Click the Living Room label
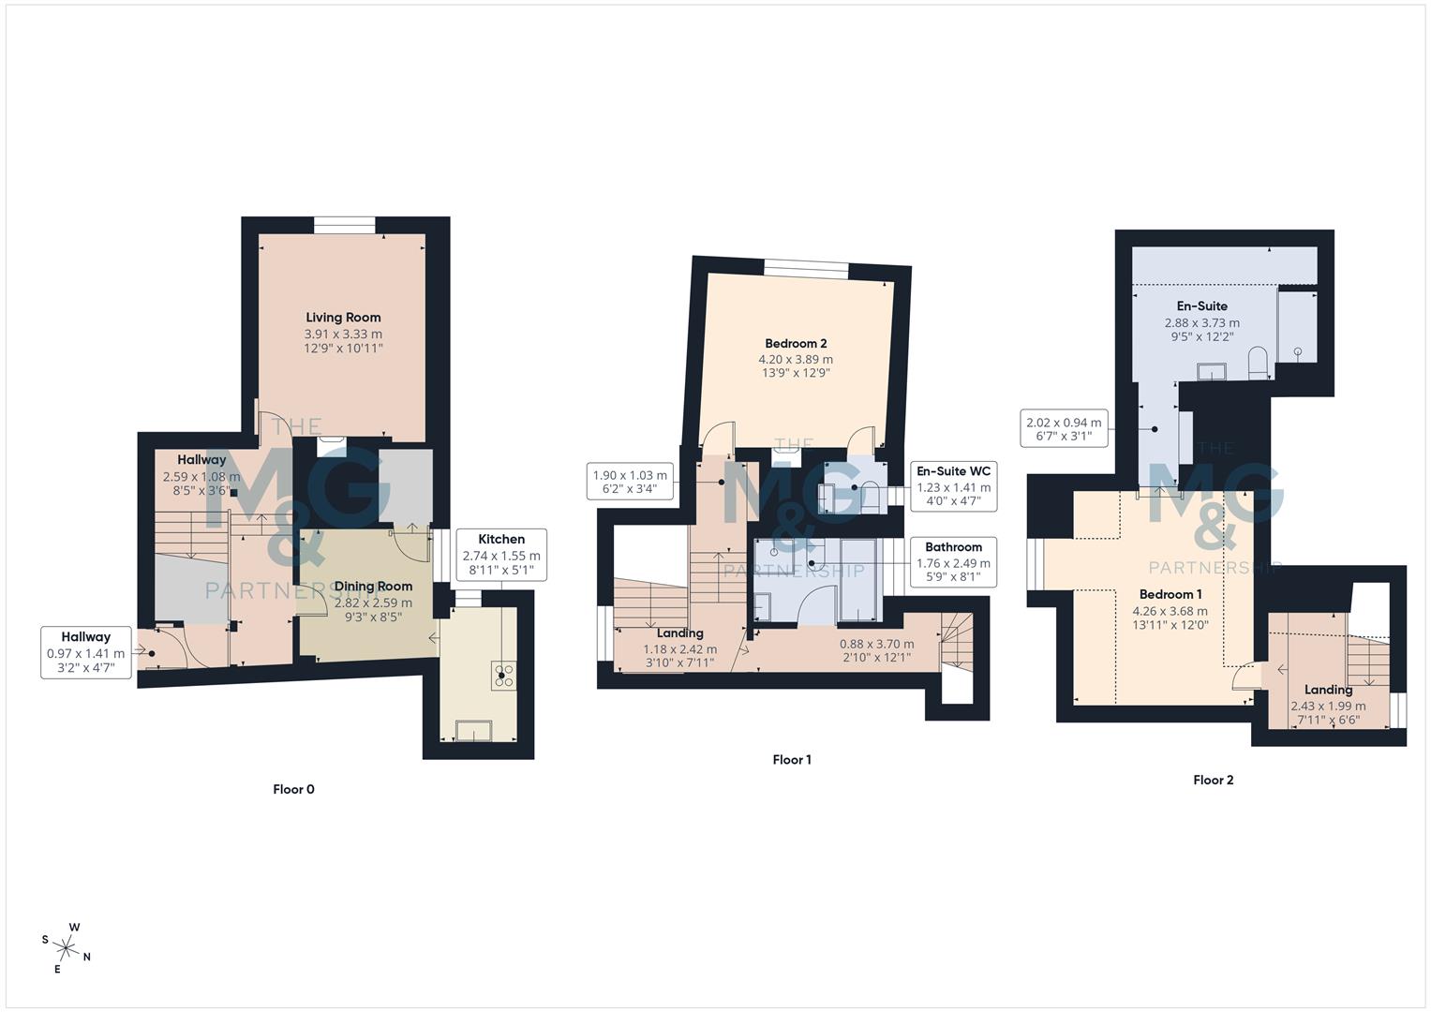click(x=343, y=318)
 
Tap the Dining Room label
click(x=373, y=587)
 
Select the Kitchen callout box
click(x=501, y=555)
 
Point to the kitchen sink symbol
click(x=472, y=730)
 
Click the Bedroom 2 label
click(x=796, y=344)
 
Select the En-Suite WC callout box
click(x=953, y=486)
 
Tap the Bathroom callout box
click(x=953, y=561)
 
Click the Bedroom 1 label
click(x=1170, y=594)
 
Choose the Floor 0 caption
click(x=293, y=789)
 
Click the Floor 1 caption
click(x=792, y=760)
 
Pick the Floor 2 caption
click(x=1213, y=780)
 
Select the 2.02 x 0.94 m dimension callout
click(x=1064, y=429)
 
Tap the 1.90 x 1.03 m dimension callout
click(x=630, y=482)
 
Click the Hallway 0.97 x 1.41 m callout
click(x=86, y=652)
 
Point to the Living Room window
click(x=344, y=225)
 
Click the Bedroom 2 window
click(x=806, y=269)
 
